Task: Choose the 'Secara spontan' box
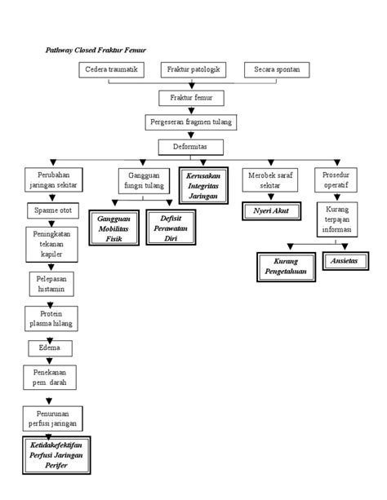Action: point(276,71)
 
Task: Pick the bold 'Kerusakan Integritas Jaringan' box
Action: point(202,185)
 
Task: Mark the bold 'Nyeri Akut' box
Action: point(269,211)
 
